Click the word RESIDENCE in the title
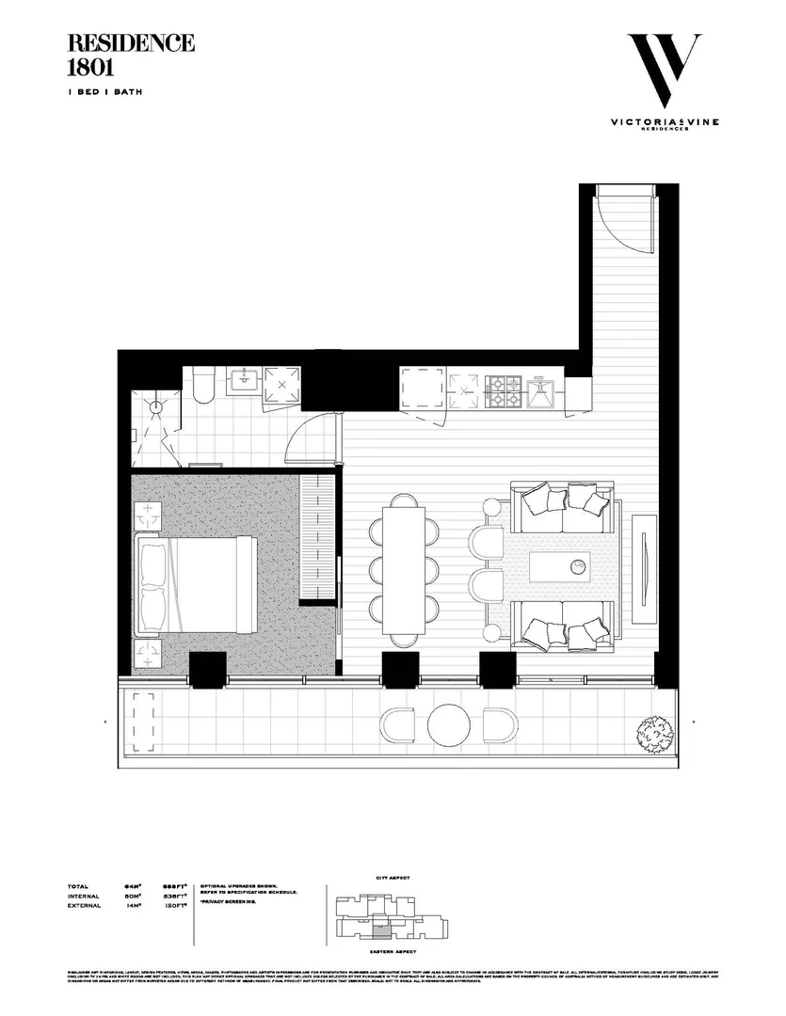[x=132, y=43]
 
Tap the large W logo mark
[x=664, y=71]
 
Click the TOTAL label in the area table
[x=78, y=886]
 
